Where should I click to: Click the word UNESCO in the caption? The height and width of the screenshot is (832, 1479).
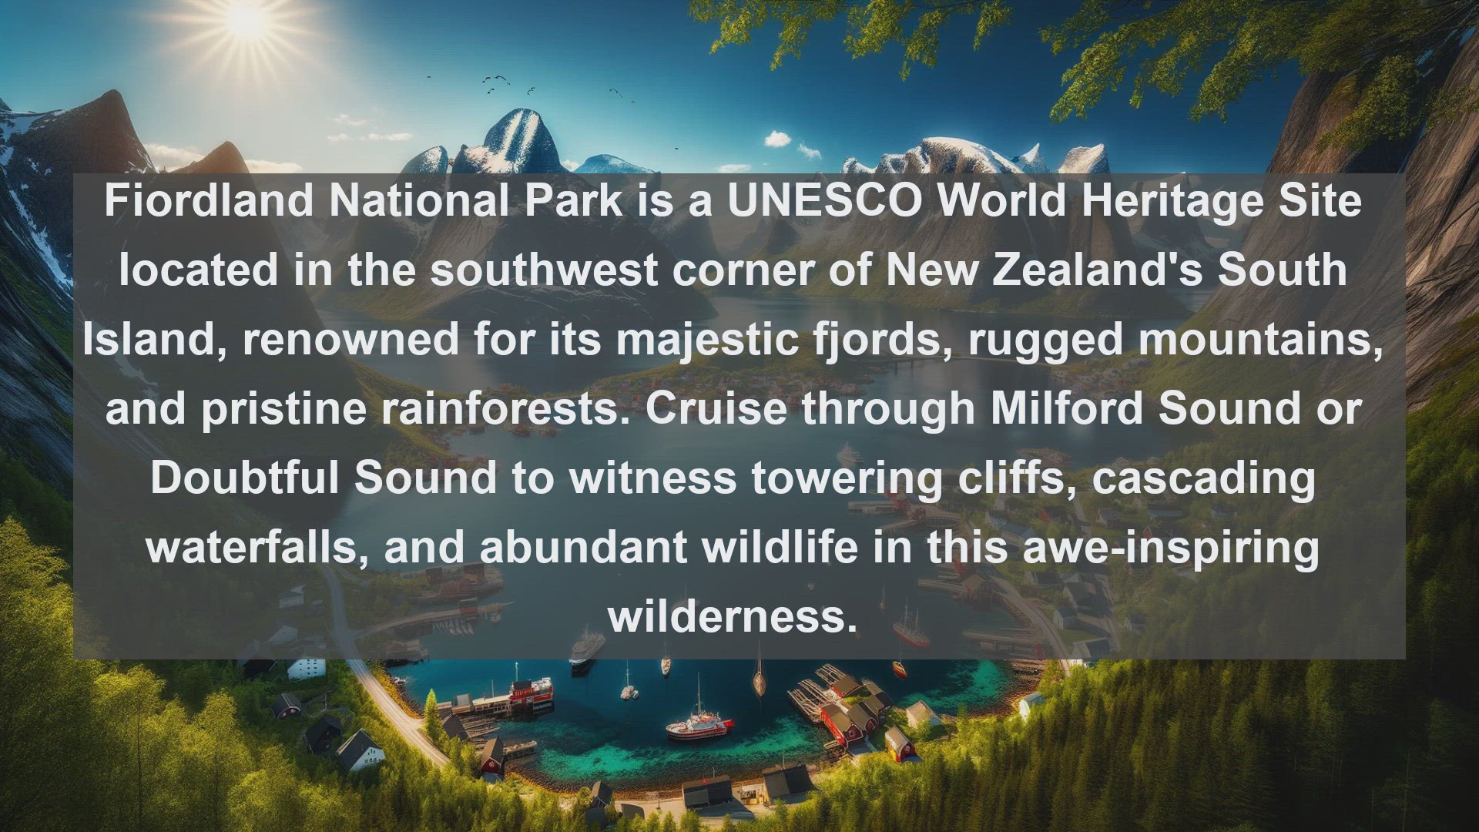click(825, 200)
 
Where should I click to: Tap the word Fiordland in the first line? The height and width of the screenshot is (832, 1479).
click(209, 200)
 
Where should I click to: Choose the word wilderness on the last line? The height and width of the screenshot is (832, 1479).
click(733, 616)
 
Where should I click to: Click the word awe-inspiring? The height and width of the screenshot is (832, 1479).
click(1170, 549)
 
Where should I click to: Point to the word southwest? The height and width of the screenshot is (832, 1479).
click(544, 270)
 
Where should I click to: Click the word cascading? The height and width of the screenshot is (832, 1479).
click(1204, 479)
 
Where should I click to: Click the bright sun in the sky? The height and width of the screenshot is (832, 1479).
click(247, 18)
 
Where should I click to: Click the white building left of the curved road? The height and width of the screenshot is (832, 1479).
click(307, 666)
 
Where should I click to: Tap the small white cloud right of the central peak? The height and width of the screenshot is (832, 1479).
click(778, 139)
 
